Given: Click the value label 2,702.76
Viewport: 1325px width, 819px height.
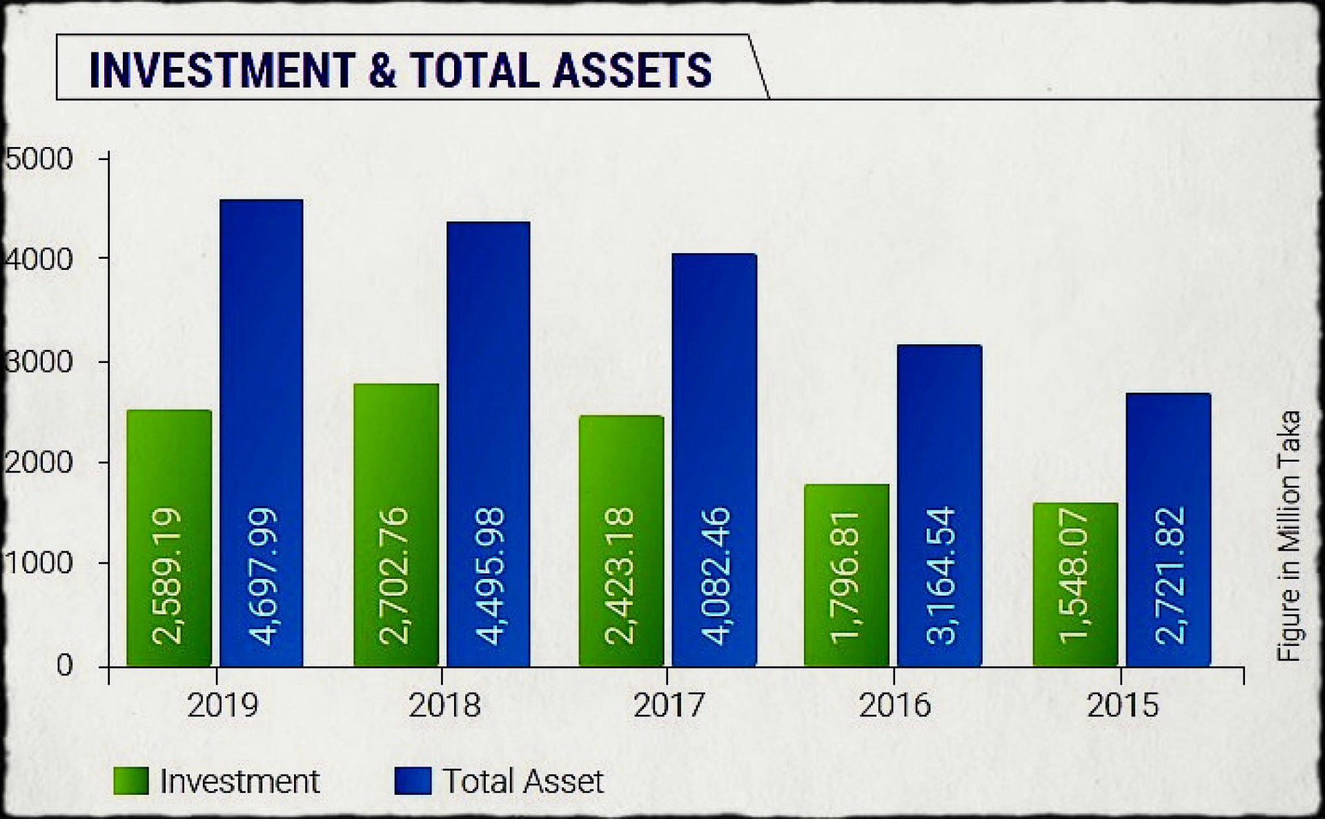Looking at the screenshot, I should click(395, 576).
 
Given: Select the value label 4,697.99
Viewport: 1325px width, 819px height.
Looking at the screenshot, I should click(263, 576).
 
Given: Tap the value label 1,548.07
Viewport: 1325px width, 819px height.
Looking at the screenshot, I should click(1074, 576).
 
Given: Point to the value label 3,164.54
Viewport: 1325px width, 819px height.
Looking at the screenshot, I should click(941, 576).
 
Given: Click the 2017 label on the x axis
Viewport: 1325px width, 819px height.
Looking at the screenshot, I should click(669, 705).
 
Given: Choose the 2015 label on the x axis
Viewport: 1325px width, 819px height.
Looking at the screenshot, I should click(1123, 705).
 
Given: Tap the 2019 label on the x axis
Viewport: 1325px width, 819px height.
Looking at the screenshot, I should click(222, 705).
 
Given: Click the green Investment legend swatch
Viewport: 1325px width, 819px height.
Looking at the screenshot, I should click(131, 781).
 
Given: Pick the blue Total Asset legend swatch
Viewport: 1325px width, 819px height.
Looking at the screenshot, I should click(413, 781).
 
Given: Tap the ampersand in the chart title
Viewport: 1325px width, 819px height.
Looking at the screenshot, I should click(384, 70).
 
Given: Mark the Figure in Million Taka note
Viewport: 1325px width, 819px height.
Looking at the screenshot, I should click(1289, 536).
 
